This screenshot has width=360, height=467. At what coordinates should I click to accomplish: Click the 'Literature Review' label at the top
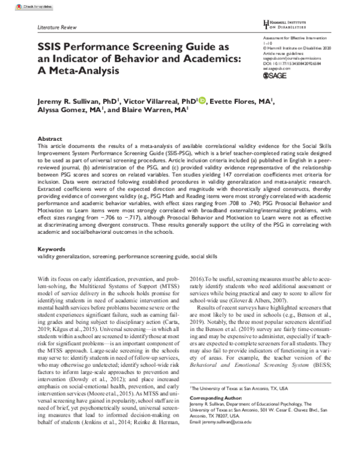point(58,28)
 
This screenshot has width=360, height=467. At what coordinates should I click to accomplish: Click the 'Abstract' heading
point(50,138)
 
